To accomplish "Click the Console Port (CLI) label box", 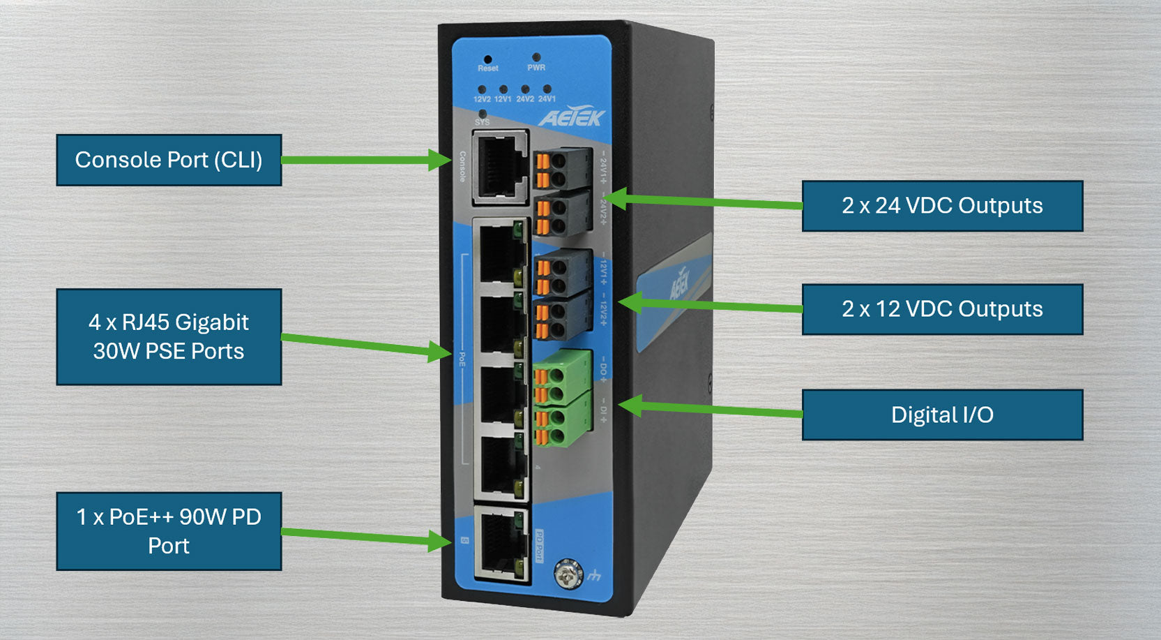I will (x=169, y=160).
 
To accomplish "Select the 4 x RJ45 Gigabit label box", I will (x=169, y=336).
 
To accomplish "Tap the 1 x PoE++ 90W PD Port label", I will (x=169, y=531).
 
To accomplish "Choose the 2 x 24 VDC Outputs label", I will (x=942, y=206).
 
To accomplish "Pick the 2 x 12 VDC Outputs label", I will (x=942, y=309).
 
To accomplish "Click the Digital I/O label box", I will (x=942, y=415).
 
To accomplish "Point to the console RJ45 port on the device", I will (x=499, y=168).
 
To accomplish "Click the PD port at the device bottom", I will (x=500, y=543).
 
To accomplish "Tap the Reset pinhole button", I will (x=487, y=60).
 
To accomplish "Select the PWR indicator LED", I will (x=536, y=58).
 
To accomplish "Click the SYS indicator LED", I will (x=482, y=113).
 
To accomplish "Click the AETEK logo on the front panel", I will (x=572, y=117).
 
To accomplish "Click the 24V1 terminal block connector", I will (x=561, y=168).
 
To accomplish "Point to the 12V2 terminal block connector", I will (x=561, y=318).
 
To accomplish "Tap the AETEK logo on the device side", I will (x=679, y=283).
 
